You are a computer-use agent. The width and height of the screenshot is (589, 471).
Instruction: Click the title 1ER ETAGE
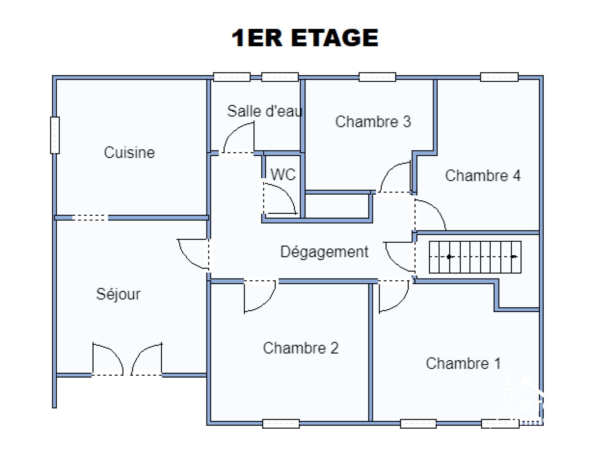pyautogui.click(x=305, y=38)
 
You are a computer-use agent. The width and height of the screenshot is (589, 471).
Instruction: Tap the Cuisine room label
pyautogui.click(x=129, y=152)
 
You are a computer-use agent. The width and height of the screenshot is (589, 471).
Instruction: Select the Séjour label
pyautogui.click(x=118, y=294)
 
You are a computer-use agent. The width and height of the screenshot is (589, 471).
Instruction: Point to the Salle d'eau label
pyautogui.click(x=264, y=111)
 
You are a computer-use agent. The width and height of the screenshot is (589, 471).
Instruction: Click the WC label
pyautogui.click(x=283, y=174)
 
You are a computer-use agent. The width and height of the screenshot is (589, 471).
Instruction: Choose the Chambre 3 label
pyautogui.click(x=373, y=121)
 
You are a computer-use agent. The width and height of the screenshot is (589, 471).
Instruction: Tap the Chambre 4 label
pyautogui.click(x=483, y=176)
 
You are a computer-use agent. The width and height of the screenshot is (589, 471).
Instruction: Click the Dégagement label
pyautogui.click(x=324, y=252)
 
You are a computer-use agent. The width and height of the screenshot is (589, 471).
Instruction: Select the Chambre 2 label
pyautogui.click(x=301, y=348)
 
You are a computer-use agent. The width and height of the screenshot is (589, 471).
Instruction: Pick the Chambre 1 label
pyautogui.click(x=463, y=364)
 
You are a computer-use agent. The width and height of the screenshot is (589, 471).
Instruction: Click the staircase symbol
pyautogui.click(x=475, y=257)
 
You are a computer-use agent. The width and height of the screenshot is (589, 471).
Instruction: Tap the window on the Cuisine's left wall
pyautogui.click(x=55, y=135)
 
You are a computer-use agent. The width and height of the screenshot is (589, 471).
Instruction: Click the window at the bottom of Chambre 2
pyautogui.click(x=281, y=424)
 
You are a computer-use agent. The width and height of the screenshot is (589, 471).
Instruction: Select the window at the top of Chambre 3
pyautogui.click(x=377, y=77)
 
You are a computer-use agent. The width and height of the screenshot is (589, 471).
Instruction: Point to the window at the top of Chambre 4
pyautogui.click(x=499, y=77)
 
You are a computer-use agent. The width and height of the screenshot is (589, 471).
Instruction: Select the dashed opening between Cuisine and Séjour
pyautogui.click(x=90, y=217)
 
